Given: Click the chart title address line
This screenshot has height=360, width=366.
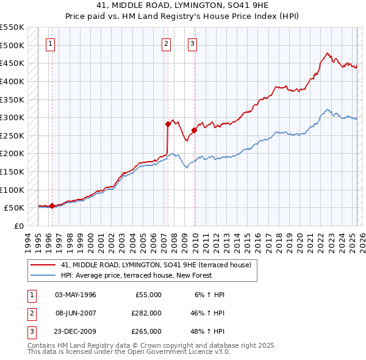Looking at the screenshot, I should click(183, 5).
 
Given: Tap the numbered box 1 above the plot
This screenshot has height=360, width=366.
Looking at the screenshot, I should click(49, 43).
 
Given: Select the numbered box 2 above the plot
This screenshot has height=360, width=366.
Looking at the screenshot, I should click(166, 43).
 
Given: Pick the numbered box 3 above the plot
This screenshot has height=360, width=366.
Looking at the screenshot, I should click(192, 43).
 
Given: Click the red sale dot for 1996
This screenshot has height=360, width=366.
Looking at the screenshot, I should click(52, 206).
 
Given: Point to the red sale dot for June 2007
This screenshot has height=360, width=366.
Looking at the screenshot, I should click(168, 124).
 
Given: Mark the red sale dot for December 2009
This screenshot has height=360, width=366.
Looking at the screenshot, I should click(195, 130).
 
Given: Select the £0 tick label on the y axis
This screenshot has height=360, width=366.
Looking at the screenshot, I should click(18, 226).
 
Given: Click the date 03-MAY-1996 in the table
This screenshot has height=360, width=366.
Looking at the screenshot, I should click(76, 295).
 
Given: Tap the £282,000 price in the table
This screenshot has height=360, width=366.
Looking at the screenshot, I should click(146, 313).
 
